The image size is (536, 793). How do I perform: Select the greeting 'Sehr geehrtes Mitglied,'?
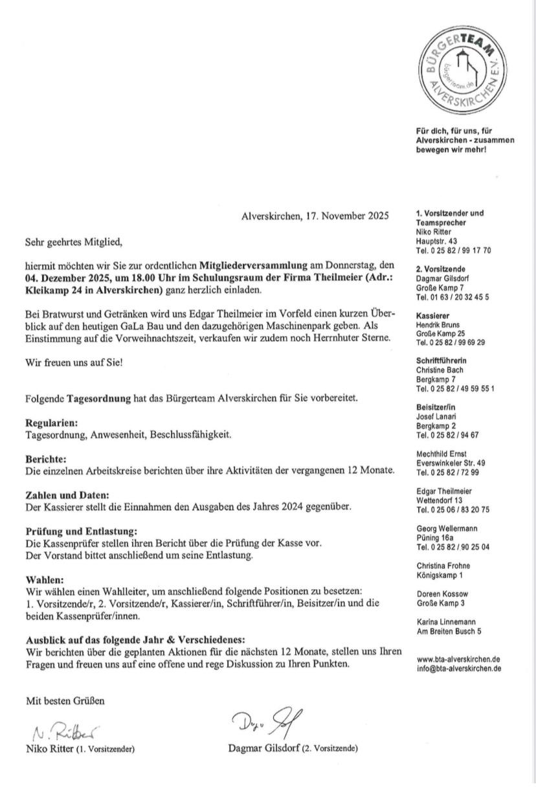[73, 243]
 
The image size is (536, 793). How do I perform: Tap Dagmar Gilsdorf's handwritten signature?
[266, 722]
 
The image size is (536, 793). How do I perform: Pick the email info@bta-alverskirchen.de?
[458, 667]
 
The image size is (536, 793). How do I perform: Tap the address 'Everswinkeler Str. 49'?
[451, 463]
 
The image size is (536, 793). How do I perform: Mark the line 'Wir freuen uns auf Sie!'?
[73, 363]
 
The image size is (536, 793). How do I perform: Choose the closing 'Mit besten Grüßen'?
[65, 700]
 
